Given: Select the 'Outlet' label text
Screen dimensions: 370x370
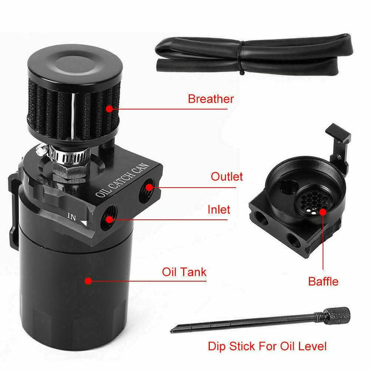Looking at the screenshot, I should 227,176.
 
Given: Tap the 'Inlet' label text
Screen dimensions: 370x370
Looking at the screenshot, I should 218,209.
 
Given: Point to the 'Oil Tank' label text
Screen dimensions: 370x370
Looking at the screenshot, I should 184,273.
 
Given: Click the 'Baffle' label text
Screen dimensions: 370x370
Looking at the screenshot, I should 323,281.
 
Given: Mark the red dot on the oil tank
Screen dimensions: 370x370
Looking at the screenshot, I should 88,281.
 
